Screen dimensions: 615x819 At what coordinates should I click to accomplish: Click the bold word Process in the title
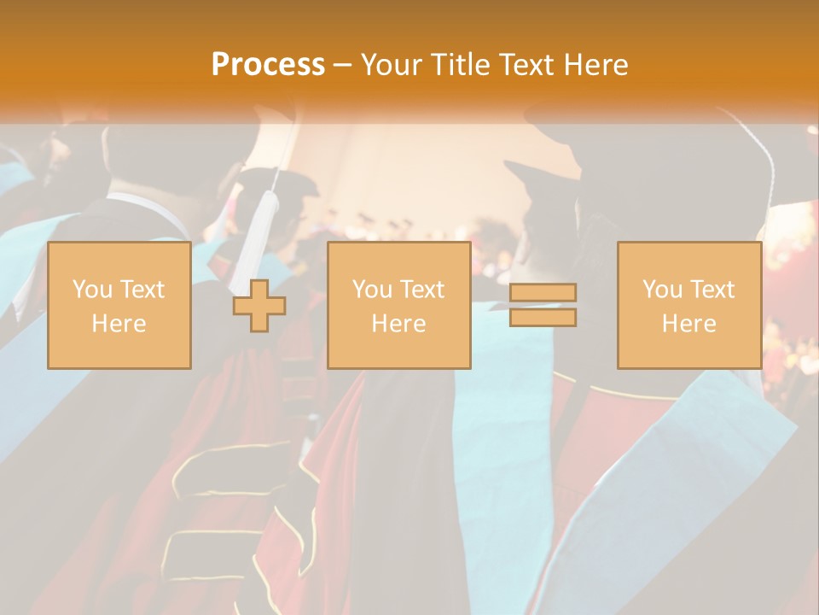pyautogui.click(x=268, y=64)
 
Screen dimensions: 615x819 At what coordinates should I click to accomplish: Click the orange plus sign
pyautogui.click(x=259, y=305)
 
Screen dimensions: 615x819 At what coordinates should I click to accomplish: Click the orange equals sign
pyautogui.click(x=543, y=305)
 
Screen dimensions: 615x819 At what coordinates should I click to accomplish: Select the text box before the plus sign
pyautogui.click(x=119, y=305)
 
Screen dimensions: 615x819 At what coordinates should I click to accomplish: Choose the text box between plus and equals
pyautogui.click(x=399, y=305)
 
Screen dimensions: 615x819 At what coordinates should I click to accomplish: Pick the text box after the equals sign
pyautogui.click(x=689, y=305)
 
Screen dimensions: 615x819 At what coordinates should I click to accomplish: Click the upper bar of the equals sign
pyautogui.click(x=543, y=293)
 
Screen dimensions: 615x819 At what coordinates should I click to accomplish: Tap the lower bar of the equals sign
pyautogui.click(x=543, y=318)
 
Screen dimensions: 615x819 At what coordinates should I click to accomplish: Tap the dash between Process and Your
pyautogui.click(x=343, y=66)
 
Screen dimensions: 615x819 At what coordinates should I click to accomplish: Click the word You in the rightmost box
pyautogui.click(x=662, y=290)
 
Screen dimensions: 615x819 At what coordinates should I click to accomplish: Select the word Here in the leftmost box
pyautogui.click(x=119, y=324)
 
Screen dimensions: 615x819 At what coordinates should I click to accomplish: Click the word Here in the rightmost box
pyautogui.click(x=689, y=324)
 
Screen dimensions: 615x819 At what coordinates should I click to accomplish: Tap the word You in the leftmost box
pyautogui.click(x=92, y=290)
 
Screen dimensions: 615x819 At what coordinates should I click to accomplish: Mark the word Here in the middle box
pyautogui.click(x=399, y=324)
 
